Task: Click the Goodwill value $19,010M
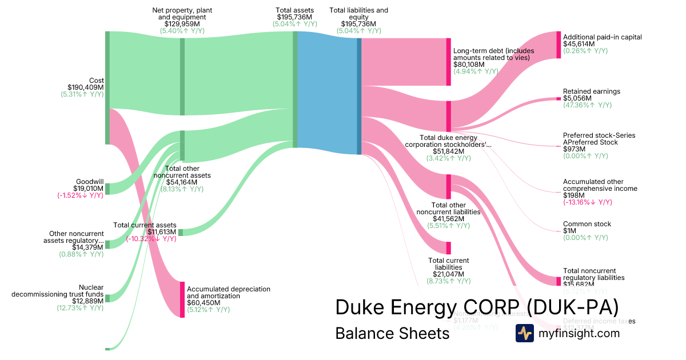pos(88,189)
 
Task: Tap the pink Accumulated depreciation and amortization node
pos(182,299)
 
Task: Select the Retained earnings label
pos(592,91)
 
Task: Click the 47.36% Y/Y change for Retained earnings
pos(587,105)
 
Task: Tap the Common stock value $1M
pos(571,231)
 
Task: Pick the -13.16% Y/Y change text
pos(587,202)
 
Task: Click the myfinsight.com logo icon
pos(524,333)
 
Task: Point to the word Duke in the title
pos(360,307)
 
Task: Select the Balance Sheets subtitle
pos(392,333)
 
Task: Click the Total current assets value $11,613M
pos(162,232)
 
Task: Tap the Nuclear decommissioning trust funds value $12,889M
pos(88,301)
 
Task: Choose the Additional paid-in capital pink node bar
pos(559,45)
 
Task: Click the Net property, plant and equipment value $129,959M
pos(181,24)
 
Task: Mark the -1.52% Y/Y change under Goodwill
pos(81,195)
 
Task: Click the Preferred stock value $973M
pos(573,149)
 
